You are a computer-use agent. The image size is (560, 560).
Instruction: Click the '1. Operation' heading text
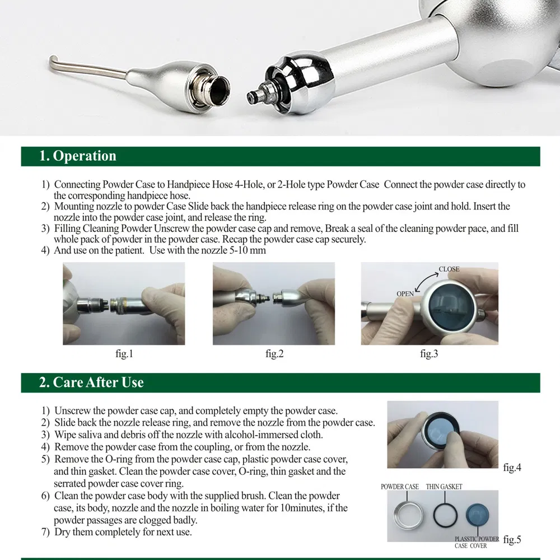[78, 156]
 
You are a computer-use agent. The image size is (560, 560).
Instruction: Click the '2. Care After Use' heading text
[91, 382]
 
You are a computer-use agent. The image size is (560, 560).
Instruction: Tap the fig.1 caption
[124, 354]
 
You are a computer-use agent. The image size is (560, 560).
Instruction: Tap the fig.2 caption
[274, 354]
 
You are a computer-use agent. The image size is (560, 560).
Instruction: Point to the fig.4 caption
[512, 468]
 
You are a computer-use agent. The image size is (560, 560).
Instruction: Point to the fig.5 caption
[512, 540]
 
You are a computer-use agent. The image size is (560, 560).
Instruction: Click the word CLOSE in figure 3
[449, 269]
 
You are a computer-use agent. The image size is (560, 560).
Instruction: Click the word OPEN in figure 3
[405, 293]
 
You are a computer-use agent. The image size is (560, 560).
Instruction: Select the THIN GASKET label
[444, 487]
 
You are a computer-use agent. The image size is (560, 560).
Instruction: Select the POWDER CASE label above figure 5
[400, 487]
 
